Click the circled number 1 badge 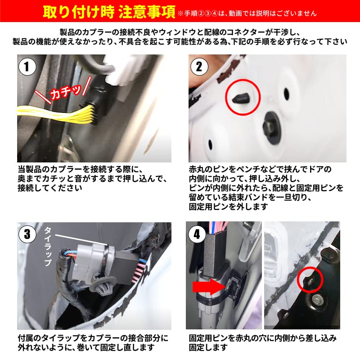[x=27, y=67]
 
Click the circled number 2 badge [x=198, y=67]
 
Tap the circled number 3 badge [x=27, y=234]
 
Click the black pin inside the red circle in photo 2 [x=240, y=96]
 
